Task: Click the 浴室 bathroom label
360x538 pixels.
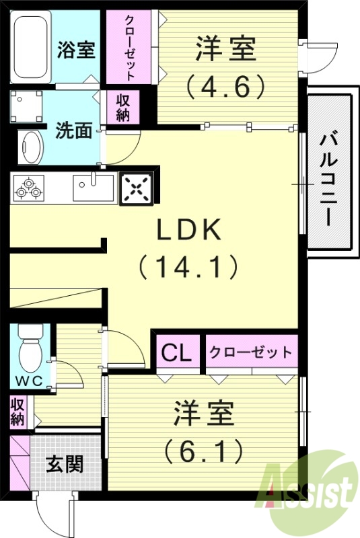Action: (x=76, y=50)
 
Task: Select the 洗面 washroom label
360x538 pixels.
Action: (x=73, y=130)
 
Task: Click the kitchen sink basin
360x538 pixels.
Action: (x=94, y=187)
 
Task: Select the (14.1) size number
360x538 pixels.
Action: (x=189, y=268)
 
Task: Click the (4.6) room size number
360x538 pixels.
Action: (x=225, y=85)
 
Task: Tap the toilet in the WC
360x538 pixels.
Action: (x=31, y=350)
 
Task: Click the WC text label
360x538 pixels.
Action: (x=30, y=381)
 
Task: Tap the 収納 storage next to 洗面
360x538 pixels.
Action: (x=123, y=107)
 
